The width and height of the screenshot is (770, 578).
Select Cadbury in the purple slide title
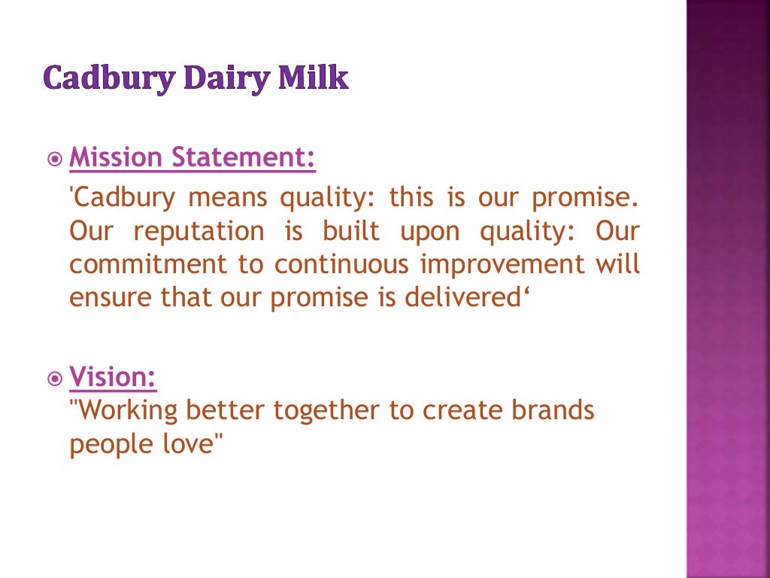click(x=100, y=78)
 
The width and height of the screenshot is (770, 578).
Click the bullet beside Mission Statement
click(x=55, y=160)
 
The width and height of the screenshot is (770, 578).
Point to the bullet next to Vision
click(x=55, y=379)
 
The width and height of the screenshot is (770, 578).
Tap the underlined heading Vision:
click(x=113, y=376)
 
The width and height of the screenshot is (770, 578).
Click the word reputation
click(x=199, y=231)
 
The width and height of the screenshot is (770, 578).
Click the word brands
click(x=553, y=410)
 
